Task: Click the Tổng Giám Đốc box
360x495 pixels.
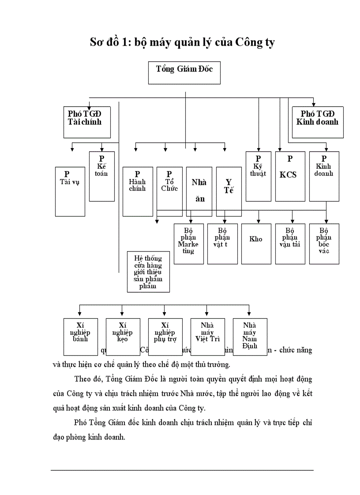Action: pos(185,73)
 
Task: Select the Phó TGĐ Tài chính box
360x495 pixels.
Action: pos(86,122)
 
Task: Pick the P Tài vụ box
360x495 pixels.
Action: pos(70,191)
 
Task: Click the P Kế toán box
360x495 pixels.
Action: pos(102,176)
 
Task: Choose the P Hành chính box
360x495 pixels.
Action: pos(138,191)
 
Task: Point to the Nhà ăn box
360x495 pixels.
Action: pos(199,191)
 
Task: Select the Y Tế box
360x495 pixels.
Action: pos(229,191)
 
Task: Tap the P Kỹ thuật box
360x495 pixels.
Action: pos(258,176)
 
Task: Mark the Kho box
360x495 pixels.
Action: pos(256,244)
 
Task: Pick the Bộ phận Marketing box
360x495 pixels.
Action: pos(188,244)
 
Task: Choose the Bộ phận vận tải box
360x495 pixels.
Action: pos(290,244)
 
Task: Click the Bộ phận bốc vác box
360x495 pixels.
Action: pos(324,244)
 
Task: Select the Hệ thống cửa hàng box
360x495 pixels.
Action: pos(148,272)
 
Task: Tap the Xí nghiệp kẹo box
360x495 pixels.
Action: pos(123,336)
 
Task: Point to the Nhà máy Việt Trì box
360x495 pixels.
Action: pos(207,336)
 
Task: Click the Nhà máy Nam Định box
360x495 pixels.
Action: pos(250,336)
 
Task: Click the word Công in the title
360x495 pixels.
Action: pos(250,43)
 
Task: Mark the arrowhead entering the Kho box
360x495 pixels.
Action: pos(259,221)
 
